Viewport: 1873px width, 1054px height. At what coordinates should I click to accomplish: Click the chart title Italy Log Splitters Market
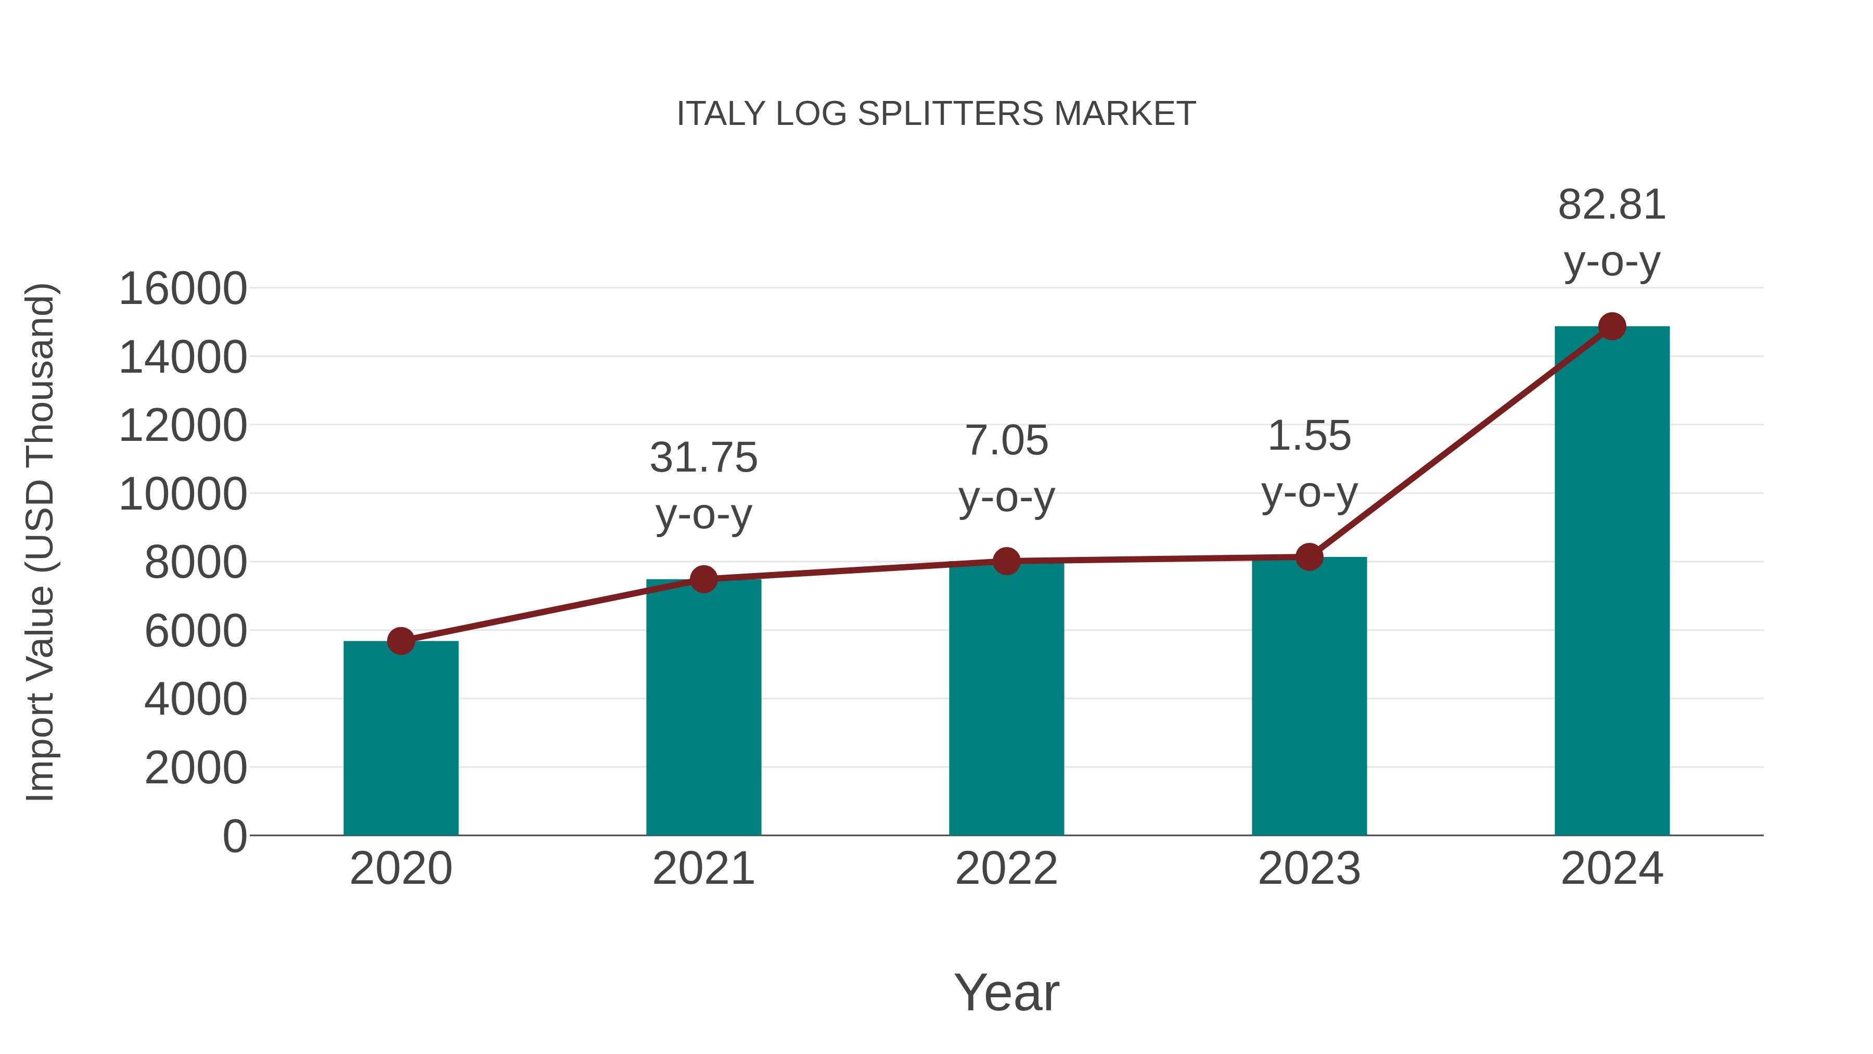coord(936,114)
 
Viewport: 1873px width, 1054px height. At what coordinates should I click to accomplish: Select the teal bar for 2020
coord(401,738)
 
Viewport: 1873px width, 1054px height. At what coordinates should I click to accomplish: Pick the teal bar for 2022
coord(1006,699)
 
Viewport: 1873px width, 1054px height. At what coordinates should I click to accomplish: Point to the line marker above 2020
coord(401,641)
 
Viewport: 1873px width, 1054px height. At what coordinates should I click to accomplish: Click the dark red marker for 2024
coord(1612,326)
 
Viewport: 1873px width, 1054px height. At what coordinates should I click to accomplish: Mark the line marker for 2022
coord(1006,561)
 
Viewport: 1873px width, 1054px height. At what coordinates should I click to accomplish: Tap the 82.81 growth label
coord(1612,205)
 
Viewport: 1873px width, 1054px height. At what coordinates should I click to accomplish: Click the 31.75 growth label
coord(703,458)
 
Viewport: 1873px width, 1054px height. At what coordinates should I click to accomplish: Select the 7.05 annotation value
coord(1006,441)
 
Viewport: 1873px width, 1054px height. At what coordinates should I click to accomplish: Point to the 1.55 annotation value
coord(1309,437)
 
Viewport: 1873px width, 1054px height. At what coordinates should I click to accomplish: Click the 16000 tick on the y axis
coord(183,289)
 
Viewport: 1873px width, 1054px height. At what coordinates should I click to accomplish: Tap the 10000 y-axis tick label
coord(183,494)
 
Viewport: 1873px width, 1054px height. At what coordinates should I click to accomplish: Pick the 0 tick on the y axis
coord(235,836)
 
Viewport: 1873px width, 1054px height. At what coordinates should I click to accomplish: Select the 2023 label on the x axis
coord(1309,869)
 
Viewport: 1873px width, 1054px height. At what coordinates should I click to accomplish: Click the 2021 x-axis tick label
coord(703,869)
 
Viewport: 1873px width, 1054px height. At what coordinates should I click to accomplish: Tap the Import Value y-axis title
coord(41,542)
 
